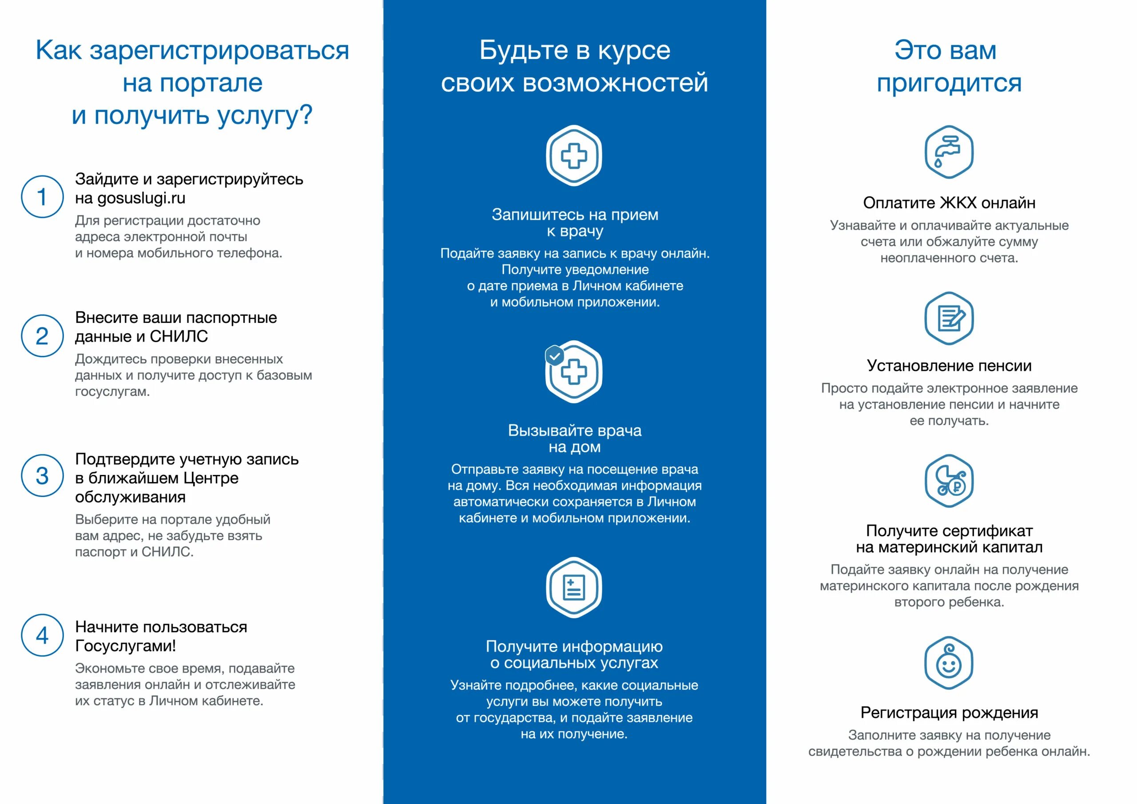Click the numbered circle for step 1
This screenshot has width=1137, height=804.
pos(42,197)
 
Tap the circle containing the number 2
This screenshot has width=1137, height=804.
pos(42,336)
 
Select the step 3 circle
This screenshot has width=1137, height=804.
pos(42,476)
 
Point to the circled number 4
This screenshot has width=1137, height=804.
pos(42,636)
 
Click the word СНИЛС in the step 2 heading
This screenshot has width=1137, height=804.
pos(179,336)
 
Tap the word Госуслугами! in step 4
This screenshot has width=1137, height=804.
pos(125,646)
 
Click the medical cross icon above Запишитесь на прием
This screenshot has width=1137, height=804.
pos(574,155)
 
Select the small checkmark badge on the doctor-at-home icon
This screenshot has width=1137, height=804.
pos(555,355)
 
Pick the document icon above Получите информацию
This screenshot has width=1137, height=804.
pos(574,588)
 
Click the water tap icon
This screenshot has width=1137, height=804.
pos(949,152)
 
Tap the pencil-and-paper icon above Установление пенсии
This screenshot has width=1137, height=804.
pos(949,318)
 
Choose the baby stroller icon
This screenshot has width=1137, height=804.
pos(949,481)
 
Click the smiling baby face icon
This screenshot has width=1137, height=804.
pos(949,663)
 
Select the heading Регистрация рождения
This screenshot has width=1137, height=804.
pos(949,712)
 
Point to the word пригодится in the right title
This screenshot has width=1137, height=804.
pos(949,83)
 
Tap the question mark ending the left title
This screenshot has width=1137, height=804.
pos(306,115)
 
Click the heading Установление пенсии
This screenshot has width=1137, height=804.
pos(949,366)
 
